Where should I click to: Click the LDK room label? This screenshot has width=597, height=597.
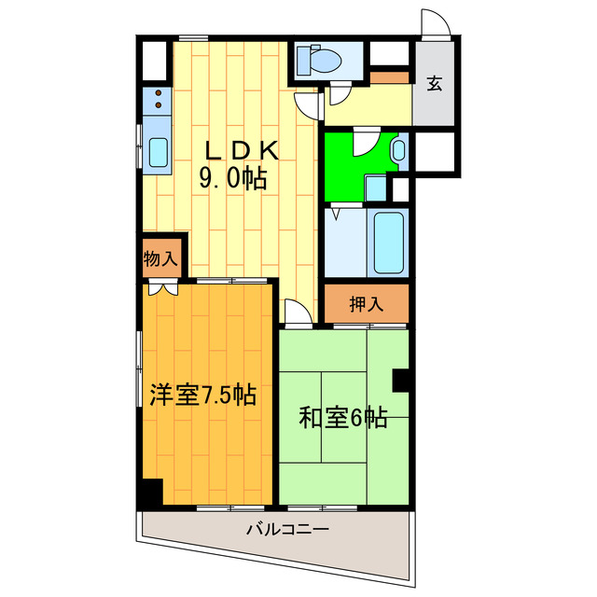[236, 150]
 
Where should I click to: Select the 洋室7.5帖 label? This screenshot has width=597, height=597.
[202, 396]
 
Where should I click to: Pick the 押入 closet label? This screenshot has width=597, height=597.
[366, 304]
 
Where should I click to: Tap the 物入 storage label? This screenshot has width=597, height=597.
[160, 258]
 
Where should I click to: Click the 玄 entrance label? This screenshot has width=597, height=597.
[434, 84]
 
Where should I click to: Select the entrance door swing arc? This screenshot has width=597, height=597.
[434, 23]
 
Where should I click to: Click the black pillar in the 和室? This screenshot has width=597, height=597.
[402, 380]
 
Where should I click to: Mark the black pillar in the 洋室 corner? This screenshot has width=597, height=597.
[149, 493]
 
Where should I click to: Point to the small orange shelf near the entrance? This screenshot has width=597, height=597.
[390, 76]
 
